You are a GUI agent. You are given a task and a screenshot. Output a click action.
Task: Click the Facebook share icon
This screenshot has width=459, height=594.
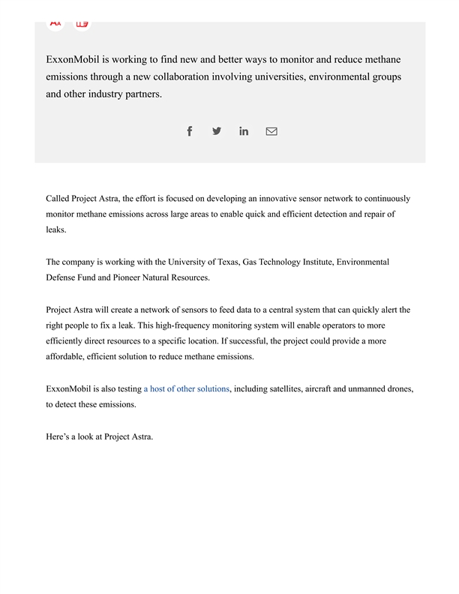pos(190,131)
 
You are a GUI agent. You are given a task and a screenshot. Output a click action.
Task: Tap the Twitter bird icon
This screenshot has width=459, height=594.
pos(217,131)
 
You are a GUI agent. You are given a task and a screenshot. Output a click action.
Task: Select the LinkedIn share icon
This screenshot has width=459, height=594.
pos(244,131)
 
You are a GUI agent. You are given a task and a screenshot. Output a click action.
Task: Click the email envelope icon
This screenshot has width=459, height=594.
pos(271,131)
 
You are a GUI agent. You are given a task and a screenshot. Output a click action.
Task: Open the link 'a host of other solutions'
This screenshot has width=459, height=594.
pos(187,389)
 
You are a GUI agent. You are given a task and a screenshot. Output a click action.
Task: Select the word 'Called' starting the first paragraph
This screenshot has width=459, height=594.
pos(58,199)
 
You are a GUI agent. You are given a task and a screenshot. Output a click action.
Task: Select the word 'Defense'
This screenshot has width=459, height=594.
pos(61,277)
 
